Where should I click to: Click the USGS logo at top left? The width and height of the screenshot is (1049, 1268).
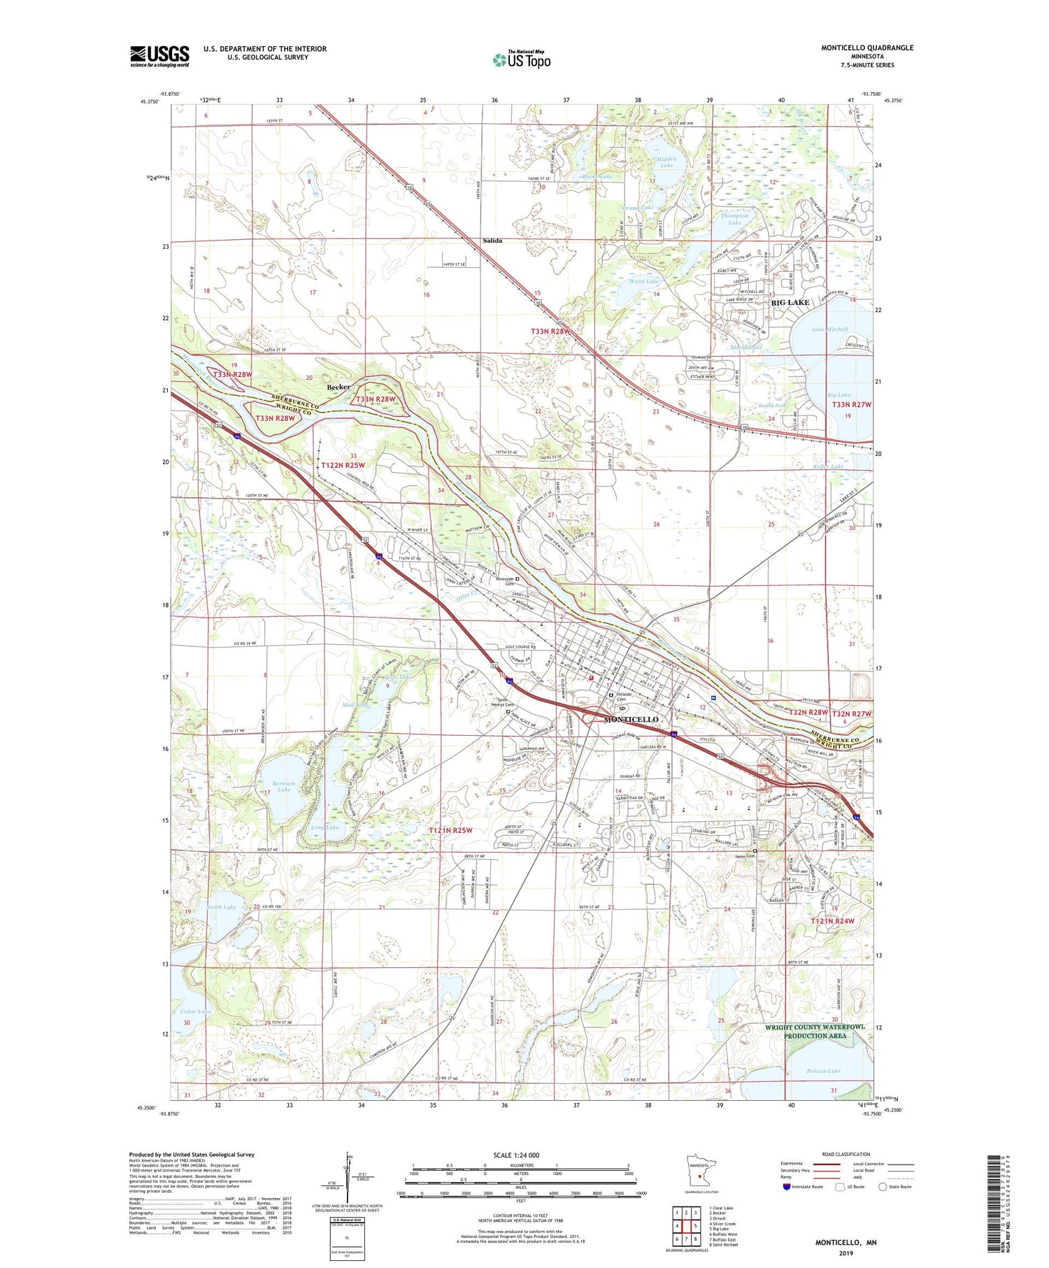[159, 56]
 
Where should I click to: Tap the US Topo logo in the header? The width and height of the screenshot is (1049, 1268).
[521, 59]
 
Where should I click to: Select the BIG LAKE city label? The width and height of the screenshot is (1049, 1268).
[790, 303]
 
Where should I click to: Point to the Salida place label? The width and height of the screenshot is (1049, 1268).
[492, 241]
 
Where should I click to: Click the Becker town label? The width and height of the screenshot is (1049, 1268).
[338, 387]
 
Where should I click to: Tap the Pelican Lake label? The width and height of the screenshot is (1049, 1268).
[823, 1071]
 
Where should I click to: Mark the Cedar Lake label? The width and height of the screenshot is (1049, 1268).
[195, 1011]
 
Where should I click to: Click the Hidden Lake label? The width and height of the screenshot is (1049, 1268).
[666, 162]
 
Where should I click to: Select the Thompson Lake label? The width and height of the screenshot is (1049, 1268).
[734, 219]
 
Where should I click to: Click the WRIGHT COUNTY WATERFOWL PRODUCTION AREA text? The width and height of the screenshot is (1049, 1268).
[814, 1031]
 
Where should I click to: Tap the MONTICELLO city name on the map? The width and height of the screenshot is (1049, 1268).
[631, 720]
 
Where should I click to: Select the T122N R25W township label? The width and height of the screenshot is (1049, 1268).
[343, 465]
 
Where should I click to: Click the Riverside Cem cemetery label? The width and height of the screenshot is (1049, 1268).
[505, 581]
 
